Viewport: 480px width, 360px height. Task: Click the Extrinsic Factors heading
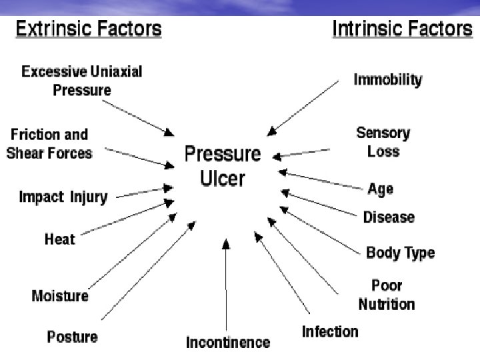(x=88, y=29)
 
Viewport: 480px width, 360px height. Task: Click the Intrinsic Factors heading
(x=402, y=29)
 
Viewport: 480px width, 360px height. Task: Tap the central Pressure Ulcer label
(x=223, y=166)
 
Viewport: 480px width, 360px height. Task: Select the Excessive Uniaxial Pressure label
(x=82, y=81)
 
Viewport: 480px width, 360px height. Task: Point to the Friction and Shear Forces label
(x=49, y=144)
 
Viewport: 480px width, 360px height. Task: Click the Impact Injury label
(x=63, y=197)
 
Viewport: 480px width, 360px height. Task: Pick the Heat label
(x=60, y=239)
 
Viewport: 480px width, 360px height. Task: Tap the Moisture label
(x=60, y=295)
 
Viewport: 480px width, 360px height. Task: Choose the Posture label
(x=72, y=337)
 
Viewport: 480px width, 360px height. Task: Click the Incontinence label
(x=228, y=343)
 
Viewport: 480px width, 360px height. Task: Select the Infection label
(x=330, y=331)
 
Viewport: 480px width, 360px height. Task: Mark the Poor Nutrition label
(x=387, y=295)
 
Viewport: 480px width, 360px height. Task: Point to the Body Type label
(x=400, y=253)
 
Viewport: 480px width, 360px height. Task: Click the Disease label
(x=389, y=217)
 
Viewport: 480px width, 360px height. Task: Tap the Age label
(x=380, y=189)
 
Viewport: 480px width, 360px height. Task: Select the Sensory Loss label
(x=383, y=142)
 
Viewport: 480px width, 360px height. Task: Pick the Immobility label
(x=387, y=80)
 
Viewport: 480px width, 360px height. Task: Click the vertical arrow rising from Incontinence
(x=226, y=287)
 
